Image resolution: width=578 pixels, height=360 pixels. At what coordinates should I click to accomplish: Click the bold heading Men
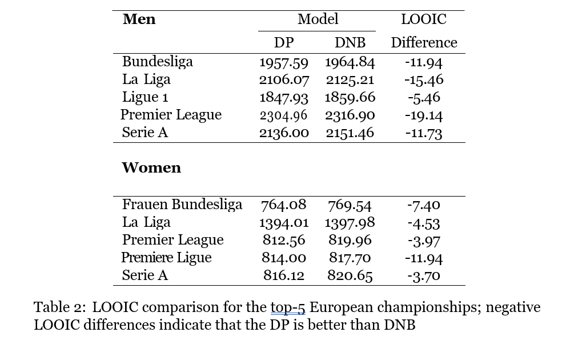click(x=139, y=19)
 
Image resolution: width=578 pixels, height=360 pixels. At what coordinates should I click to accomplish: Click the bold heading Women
click(x=151, y=168)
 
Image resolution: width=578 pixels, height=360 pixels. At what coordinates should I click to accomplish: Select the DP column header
click(x=284, y=43)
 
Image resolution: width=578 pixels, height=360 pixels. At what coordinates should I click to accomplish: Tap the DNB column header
click(x=350, y=43)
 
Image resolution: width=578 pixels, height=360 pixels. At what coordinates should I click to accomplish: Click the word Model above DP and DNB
click(x=318, y=19)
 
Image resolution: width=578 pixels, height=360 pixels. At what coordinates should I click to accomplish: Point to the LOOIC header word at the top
click(x=423, y=19)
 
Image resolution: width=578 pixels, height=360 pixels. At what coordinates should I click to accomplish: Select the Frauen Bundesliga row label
click(x=182, y=205)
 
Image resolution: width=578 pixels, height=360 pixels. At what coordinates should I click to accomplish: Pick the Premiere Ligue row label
click(x=166, y=258)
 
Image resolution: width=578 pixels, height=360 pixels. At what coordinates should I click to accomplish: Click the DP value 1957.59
click(x=284, y=62)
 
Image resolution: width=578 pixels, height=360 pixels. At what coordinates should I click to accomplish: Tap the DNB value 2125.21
click(x=350, y=79)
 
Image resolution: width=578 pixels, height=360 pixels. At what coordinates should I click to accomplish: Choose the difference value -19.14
click(x=424, y=115)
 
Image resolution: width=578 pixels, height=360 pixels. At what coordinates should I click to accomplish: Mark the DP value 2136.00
click(x=284, y=133)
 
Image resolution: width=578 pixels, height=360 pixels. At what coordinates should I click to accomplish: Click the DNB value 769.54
click(x=350, y=205)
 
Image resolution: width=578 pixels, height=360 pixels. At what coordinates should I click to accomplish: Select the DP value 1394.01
click(x=284, y=222)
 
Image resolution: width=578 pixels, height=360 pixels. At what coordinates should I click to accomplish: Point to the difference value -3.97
click(x=424, y=241)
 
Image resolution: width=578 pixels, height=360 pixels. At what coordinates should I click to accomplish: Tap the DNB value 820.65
click(x=350, y=276)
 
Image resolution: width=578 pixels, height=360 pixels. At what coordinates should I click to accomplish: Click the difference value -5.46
click(x=424, y=98)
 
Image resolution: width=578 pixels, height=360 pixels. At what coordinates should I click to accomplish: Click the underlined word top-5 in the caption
click(x=288, y=307)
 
